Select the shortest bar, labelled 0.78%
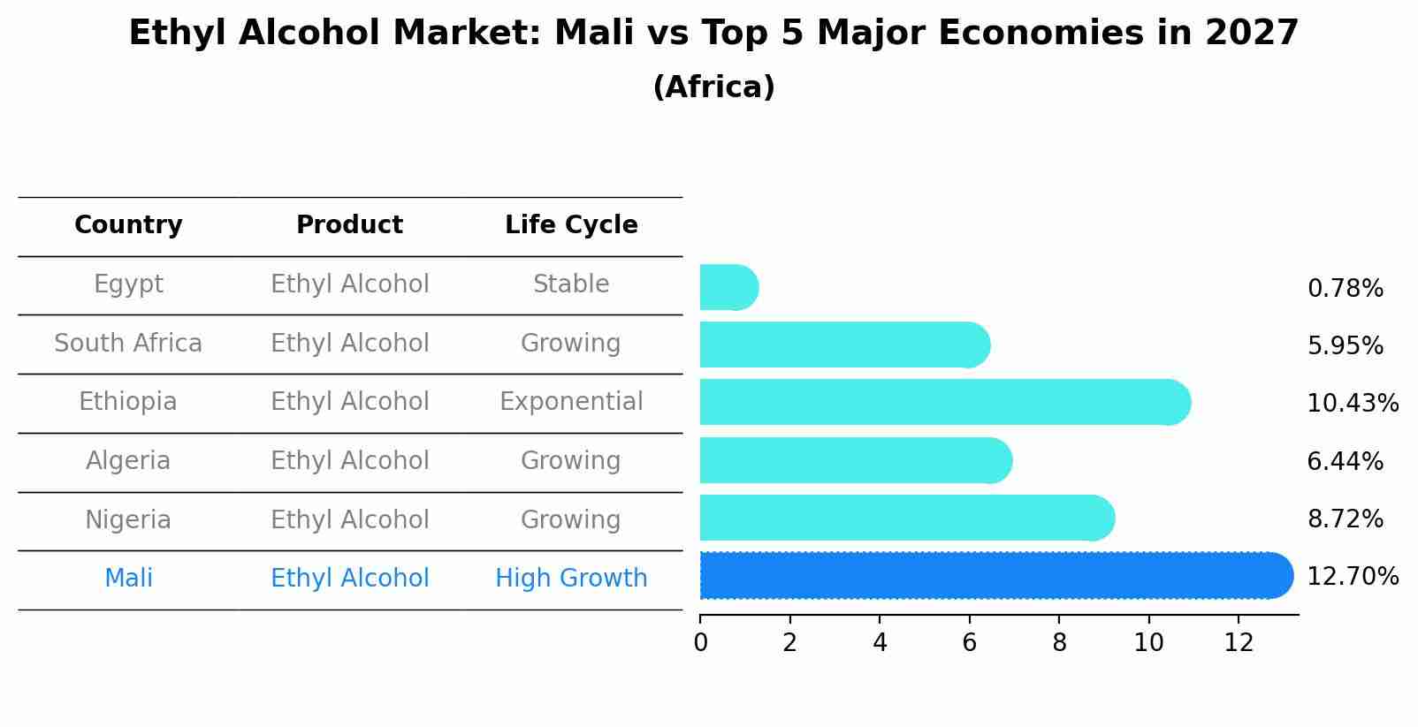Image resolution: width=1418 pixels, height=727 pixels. [x=728, y=287]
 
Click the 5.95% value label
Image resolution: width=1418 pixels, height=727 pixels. [x=1345, y=346]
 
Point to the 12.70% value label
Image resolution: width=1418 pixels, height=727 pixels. [x=1352, y=577]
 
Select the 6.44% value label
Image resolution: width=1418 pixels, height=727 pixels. [x=1345, y=461]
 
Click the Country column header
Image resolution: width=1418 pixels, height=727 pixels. [x=128, y=225]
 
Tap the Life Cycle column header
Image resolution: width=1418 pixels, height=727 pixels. [x=571, y=225]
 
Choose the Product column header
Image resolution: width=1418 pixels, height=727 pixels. [x=349, y=225]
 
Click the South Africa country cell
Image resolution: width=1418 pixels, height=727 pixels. [x=128, y=343]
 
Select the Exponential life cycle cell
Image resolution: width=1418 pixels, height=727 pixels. [x=571, y=402]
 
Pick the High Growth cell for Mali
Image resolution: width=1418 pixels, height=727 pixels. [x=571, y=579]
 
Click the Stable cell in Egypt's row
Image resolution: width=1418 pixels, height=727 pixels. [x=571, y=284]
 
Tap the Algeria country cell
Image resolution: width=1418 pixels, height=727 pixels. [x=128, y=461]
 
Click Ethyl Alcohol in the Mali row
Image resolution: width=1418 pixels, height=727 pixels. [x=349, y=579]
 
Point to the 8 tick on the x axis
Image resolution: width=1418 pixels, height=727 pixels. [x=1059, y=643]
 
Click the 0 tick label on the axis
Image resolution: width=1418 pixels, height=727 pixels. [x=700, y=643]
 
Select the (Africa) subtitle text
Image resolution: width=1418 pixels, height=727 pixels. [x=713, y=87]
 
